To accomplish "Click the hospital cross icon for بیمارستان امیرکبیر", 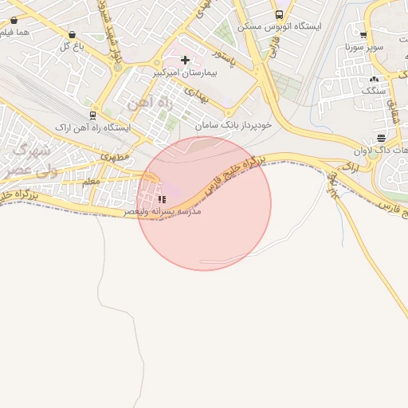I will pos(186,60).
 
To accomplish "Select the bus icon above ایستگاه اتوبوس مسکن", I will pos(278,14).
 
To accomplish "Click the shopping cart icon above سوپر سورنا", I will pos(363,34).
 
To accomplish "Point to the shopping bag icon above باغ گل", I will pos(73,35).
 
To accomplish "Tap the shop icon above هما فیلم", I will pos(14,20).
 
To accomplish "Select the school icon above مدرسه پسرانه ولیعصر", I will pos(162,199).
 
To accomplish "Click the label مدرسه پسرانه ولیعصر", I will pos(163,212).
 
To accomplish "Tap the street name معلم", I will pos(91,182).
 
